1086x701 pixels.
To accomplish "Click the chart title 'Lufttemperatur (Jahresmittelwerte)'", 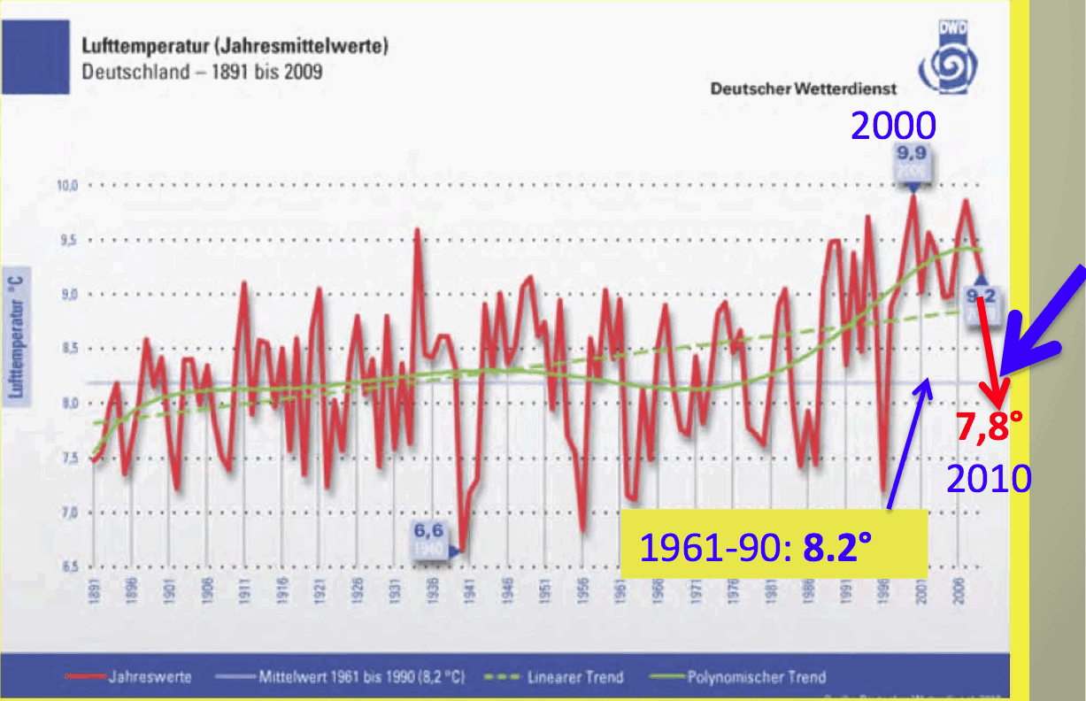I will (x=235, y=46).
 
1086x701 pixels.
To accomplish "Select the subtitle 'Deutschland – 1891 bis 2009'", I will (x=202, y=72).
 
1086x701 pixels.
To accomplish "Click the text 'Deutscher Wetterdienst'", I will (x=803, y=89).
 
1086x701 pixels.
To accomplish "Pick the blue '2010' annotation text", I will (x=989, y=479).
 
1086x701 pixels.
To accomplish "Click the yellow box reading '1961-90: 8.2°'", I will (x=772, y=547).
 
